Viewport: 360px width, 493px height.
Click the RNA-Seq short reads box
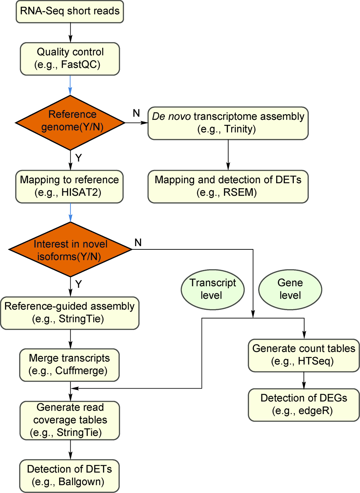[70, 12]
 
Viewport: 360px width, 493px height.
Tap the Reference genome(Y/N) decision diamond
[70, 122]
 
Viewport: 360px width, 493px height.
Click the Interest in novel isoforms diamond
[70, 249]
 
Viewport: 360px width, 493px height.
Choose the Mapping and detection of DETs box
[228, 186]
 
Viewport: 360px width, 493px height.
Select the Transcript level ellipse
[212, 289]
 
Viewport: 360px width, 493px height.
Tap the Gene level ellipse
[290, 289]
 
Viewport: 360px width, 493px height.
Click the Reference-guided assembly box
[70, 313]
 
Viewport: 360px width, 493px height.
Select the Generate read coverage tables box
[70, 420]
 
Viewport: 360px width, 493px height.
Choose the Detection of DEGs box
[304, 404]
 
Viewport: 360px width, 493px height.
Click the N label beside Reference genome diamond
[136, 113]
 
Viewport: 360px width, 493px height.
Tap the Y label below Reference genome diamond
[78, 158]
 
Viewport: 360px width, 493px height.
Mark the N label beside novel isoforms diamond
[138, 243]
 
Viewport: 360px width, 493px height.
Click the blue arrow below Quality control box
[70, 85]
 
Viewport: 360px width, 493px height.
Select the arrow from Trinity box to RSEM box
[228, 155]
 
